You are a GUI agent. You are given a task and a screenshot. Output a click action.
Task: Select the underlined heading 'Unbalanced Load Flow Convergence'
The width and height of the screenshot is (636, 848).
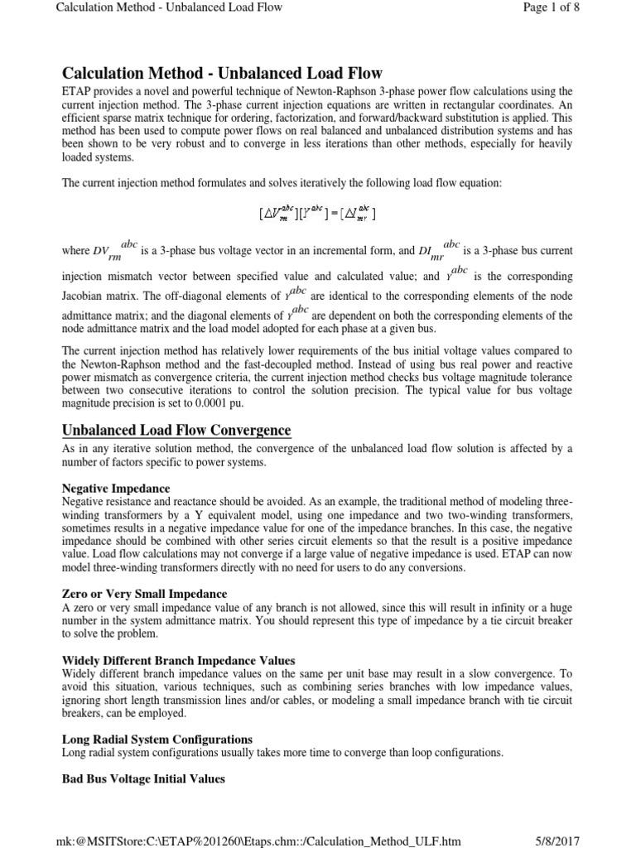pos(176,430)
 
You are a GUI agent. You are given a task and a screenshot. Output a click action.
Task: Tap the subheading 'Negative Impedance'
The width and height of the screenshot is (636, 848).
pos(117,489)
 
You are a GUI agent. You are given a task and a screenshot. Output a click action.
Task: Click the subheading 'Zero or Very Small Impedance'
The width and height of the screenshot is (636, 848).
pos(145,594)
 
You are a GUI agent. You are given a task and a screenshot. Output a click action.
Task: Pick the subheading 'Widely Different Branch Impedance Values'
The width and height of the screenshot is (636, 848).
pos(179,660)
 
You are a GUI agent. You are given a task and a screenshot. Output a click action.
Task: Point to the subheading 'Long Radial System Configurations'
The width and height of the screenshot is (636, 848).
pos(157,739)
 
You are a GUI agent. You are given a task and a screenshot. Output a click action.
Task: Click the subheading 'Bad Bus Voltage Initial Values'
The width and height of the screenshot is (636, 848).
pos(143,779)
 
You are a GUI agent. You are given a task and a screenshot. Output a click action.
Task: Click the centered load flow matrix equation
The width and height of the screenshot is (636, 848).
pos(317,214)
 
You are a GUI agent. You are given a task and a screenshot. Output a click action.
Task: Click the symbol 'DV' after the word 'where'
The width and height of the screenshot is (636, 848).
pos(100,250)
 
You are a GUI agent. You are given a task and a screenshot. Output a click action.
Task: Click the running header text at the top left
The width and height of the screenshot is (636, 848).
pos(169,7)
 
